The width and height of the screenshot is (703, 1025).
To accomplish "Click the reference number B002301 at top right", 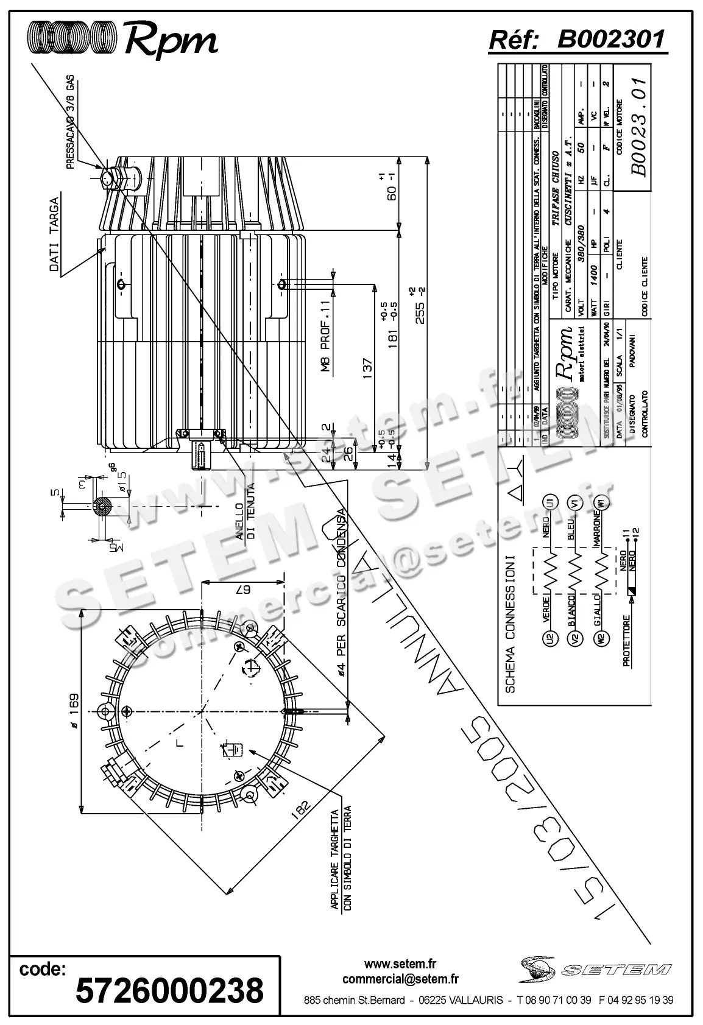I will [x=611, y=40].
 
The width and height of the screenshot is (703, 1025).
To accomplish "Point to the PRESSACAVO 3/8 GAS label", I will [x=70, y=122].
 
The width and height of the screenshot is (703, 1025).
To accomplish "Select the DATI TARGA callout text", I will [x=54, y=235].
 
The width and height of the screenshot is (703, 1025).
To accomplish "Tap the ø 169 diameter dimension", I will [x=73, y=711].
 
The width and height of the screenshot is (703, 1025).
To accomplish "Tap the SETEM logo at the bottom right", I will [x=594, y=969].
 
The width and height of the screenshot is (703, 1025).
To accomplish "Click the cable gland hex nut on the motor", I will [x=108, y=179].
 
